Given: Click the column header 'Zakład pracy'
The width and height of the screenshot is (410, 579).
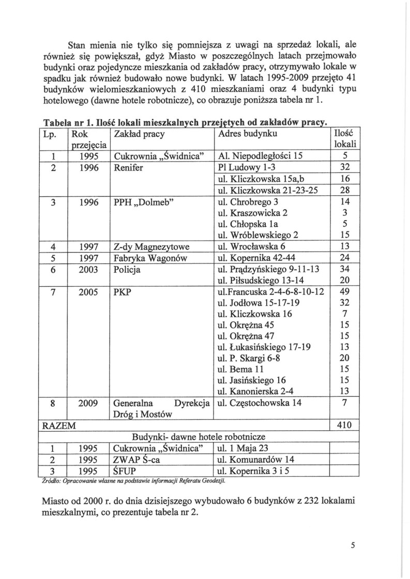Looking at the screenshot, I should (138, 134).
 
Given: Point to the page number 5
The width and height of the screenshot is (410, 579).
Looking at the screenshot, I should (351, 550).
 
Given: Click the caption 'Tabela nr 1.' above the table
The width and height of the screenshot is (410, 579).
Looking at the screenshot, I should (66, 123).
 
